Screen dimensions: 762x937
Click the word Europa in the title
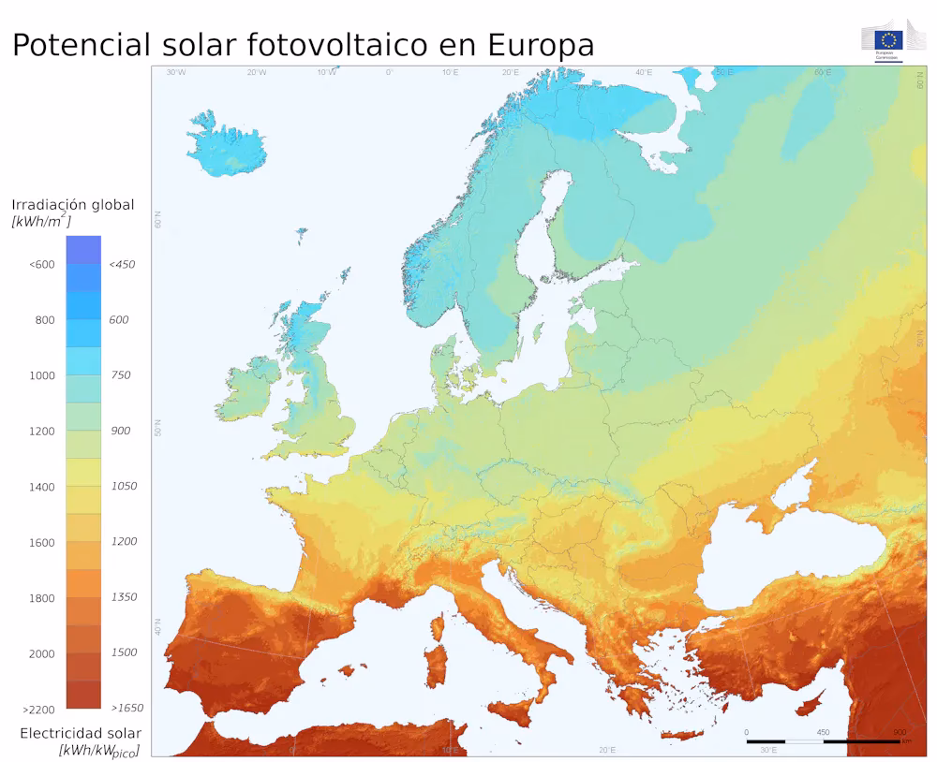pyautogui.click(x=541, y=44)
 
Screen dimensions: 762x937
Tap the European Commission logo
pyautogui.click(x=889, y=40)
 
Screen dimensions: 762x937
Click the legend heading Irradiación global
pyautogui.click(x=73, y=205)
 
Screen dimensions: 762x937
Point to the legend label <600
pyautogui.click(x=42, y=264)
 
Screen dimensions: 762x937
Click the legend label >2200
pyautogui.click(x=38, y=710)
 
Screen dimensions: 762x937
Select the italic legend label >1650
pyautogui.click(x=126, y=709)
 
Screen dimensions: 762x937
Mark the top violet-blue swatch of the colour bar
pyautogui.click(x=83, y=249)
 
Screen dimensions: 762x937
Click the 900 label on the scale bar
pyautogui.click(x=899, y=732)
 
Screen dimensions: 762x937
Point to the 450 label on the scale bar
pyautogui.click(x=823, y=732)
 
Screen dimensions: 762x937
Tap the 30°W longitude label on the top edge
pyautogui.click(x=175, y=72)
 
